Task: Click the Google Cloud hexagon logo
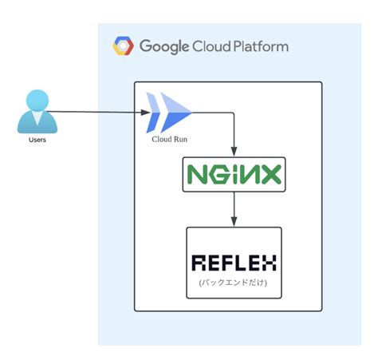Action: (x=123, y=45)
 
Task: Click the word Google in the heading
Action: (x=164, y=47)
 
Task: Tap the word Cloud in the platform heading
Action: (x=211, y=46)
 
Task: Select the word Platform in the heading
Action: (x=261, y=46)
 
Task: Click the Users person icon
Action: (x=37, y=112)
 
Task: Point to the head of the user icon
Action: (x=37, y=101)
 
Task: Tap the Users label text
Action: (x=37, y=140)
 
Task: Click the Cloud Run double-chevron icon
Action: (x=168, y=113)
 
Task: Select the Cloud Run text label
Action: (x=169, y=139)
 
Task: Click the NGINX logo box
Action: (x=234, y=174)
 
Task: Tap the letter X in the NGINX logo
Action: (x=271, y=174)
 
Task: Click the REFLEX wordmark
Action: (x=234, y=263)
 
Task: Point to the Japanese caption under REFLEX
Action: (x=233, y=283)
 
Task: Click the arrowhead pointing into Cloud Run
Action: (x=146, y=113)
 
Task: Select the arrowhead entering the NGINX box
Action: (x=234, y=152)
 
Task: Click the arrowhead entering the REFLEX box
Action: (x=234, y=222)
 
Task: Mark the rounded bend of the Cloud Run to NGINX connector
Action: (x=233, y=113)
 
